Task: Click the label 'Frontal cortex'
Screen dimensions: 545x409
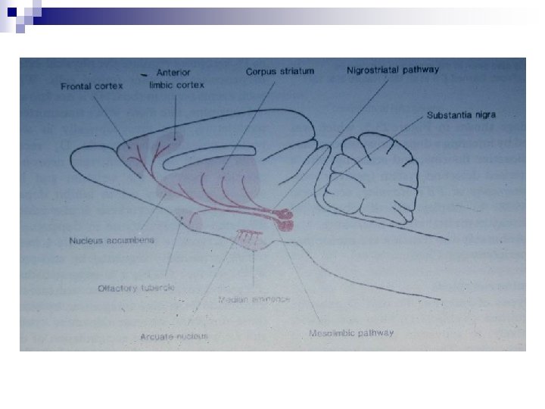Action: tap(87, 86)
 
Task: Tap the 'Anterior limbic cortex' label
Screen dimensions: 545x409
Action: tap(176, 78)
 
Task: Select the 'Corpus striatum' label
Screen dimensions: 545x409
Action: tap(280, 71)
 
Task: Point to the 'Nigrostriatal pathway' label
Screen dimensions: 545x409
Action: tap(393, 70)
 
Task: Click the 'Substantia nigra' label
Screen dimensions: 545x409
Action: tap(461, 116)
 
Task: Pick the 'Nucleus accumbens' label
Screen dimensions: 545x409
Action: tap(112, 240)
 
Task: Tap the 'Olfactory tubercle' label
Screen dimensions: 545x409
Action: tap(137, 288)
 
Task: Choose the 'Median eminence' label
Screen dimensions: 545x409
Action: tap(254, 299)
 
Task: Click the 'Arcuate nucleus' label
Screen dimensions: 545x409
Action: tap(174, 336)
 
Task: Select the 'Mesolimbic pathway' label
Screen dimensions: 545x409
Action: tap(351, 333)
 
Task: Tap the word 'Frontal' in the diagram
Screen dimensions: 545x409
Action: tap(76, 86)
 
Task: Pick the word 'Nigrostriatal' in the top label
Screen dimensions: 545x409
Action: tap(375, 70)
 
